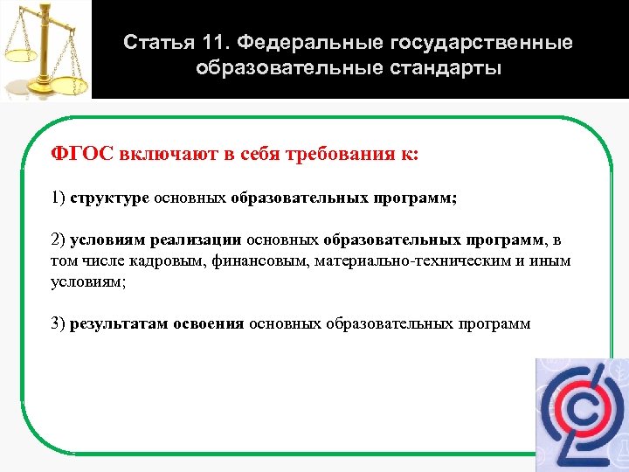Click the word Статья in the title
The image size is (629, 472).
153,43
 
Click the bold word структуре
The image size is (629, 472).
110,198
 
